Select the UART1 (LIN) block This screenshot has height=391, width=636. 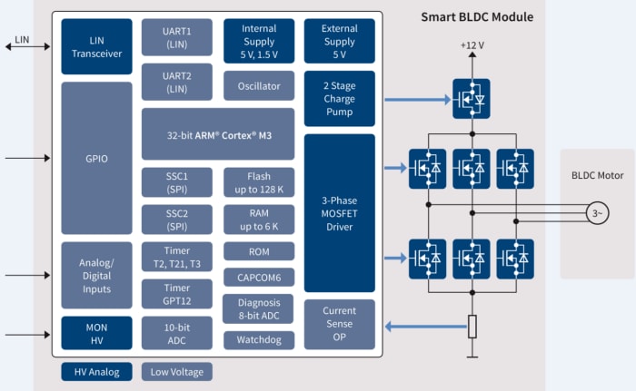(x=176, y=37)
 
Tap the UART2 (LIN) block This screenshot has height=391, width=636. (x=176, y=81)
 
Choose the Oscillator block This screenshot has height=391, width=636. (x=259, y=86)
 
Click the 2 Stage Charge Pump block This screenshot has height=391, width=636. (x=339, y=99)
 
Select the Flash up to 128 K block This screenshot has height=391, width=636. (x=259, y=181)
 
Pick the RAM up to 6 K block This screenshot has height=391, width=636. (x=259, y=219)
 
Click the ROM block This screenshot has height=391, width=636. (x=259, y=251)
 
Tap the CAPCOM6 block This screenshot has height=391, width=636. (x=259, y=279)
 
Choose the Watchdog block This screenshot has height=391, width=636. (x=259, y=339)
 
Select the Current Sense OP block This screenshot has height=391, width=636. (x=339, y=324)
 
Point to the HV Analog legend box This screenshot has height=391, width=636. (x=97, y=371)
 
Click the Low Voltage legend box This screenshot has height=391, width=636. (x=177, y=371)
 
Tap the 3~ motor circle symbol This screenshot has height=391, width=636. (x=595, y=213)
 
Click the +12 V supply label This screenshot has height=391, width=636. (x=472, y=44)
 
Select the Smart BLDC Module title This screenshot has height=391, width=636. (x=476, y=16)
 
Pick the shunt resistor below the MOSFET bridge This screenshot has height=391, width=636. (x=472, y=327)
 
